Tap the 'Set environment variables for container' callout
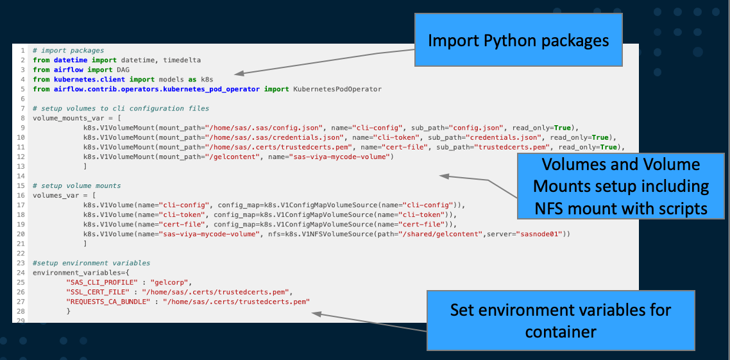tap(561, 321)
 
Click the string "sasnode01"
tap(543, 234)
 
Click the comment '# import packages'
tap(68, 50)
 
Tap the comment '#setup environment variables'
tap(91, 263)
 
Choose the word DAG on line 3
tap(123, 69)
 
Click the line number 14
tap(22, 176)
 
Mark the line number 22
tap(22, 253)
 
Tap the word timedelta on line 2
tap(182, 60)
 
